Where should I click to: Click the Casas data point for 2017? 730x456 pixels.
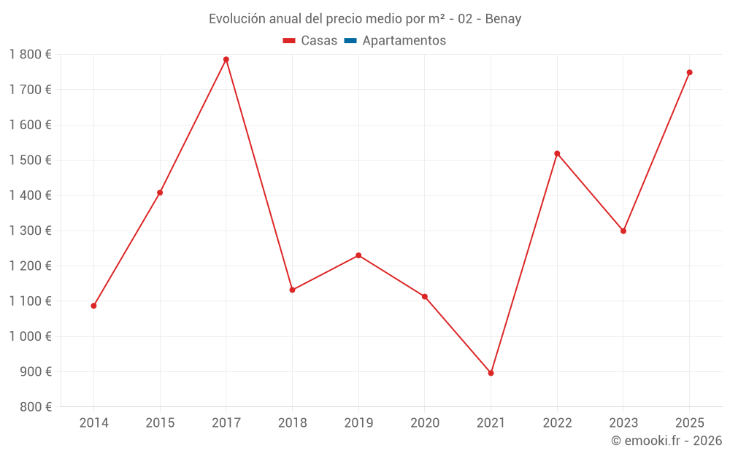pos(226,60)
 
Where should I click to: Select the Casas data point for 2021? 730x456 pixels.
pos(491,373)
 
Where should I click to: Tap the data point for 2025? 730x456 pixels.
pos(689,72)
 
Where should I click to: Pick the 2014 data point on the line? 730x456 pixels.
pos(93,306)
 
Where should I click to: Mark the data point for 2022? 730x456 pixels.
pos(557,153)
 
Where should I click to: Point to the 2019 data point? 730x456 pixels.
pos(358,255)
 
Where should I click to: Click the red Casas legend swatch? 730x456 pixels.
pos(289,41)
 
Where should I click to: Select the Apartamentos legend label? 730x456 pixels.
pos(404,41)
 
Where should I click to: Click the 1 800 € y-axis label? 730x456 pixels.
pos(30,54)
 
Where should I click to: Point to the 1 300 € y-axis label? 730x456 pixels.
pos(30,231)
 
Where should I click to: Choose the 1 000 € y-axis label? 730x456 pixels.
pos(30,336)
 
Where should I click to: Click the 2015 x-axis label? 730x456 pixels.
pos(160,423)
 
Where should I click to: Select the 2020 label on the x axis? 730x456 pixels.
pos(425,423)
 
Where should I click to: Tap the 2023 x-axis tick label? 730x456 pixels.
pos(623,423)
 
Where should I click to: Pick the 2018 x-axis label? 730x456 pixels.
pos(292,423)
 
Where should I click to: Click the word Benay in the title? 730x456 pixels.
pos(504,19)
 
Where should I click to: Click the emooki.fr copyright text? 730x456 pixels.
pos(666,441)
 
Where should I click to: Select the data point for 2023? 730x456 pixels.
pos(623,231)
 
